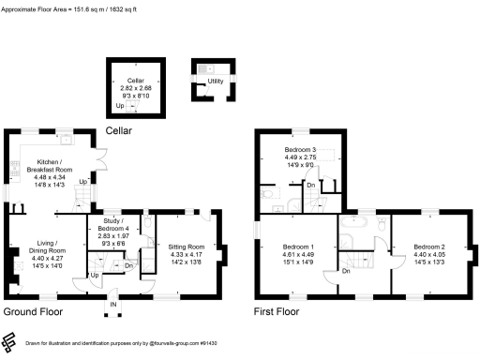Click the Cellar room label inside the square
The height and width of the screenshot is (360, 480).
135,81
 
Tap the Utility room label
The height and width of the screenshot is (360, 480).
215,82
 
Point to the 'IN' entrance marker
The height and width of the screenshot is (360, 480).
113,305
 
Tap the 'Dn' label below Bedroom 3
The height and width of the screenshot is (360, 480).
310,185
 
